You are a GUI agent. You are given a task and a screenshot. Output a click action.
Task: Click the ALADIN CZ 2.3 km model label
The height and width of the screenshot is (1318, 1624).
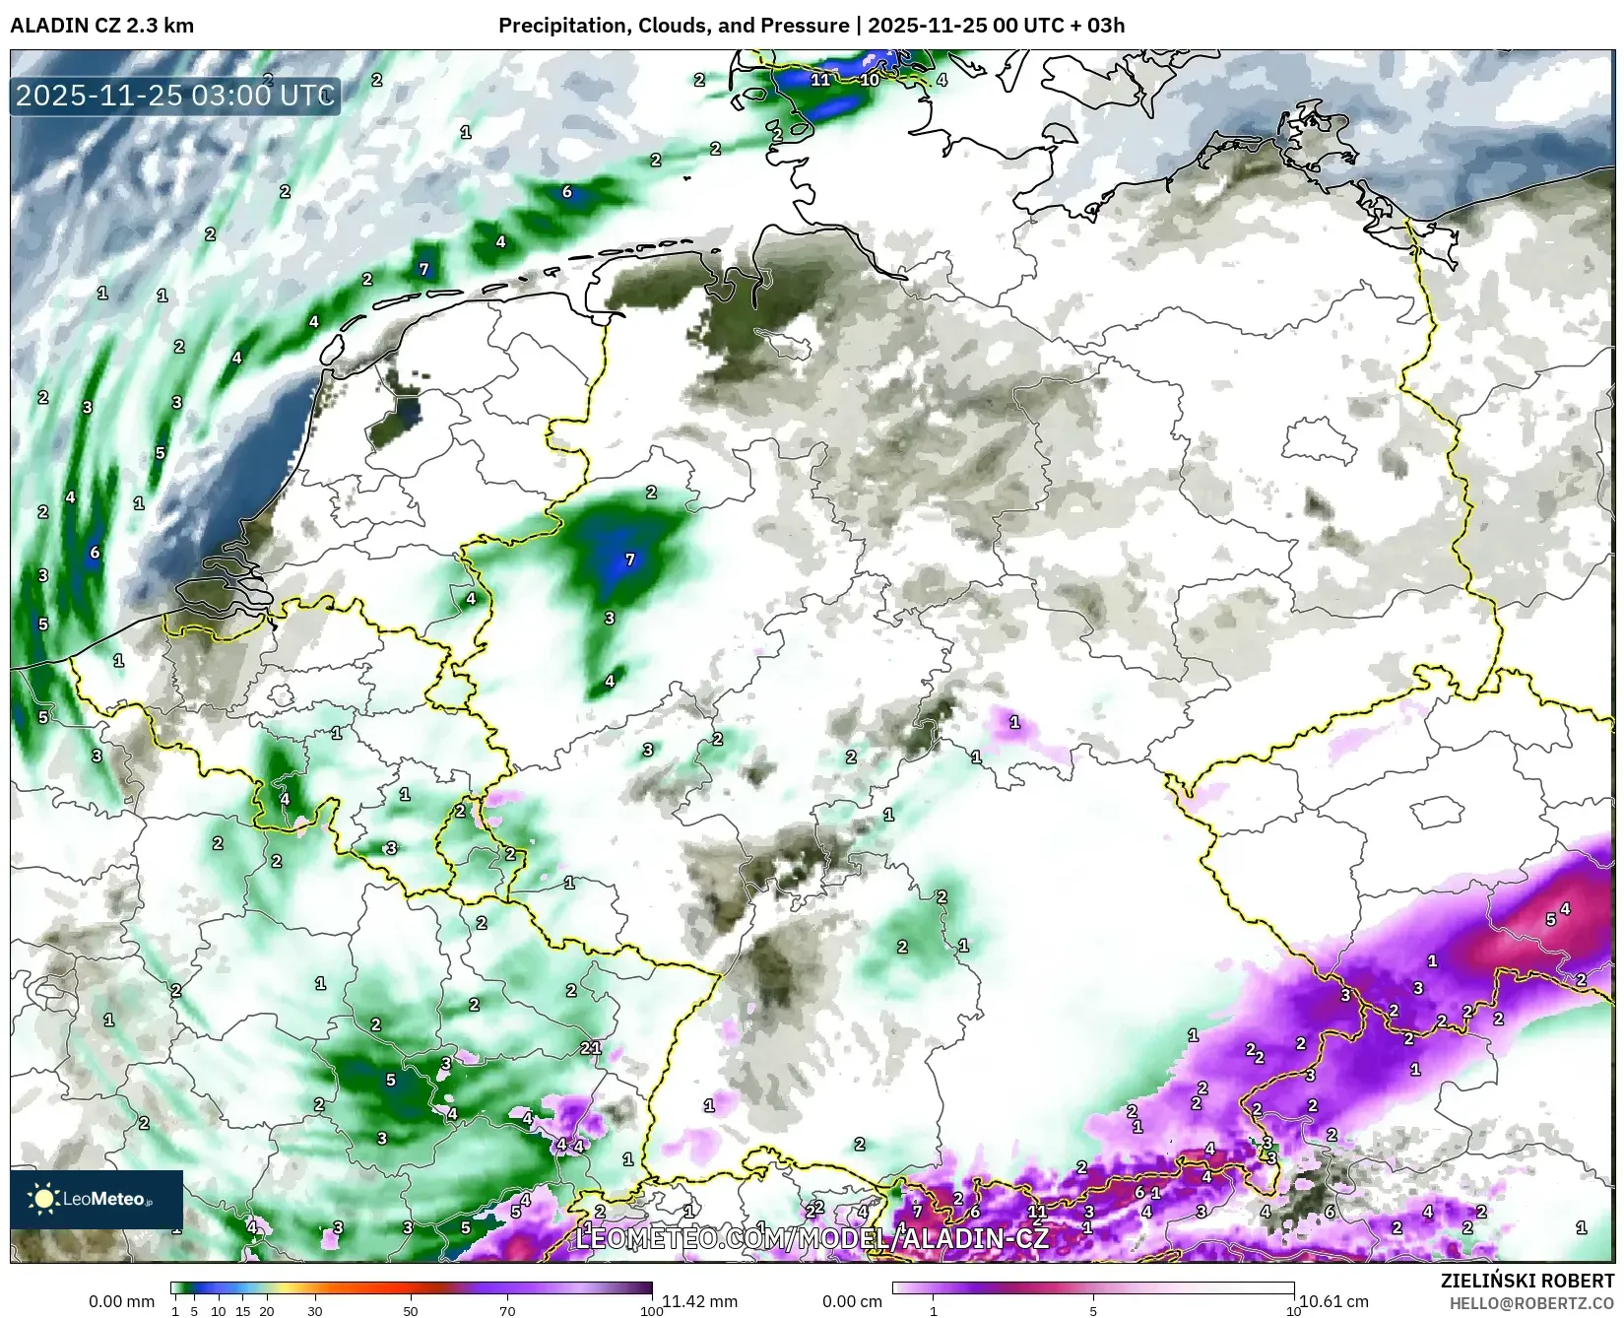(x=101, y=26)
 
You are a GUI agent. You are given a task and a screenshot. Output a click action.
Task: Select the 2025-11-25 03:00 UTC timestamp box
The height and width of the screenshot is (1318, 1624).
(x=175, y=96)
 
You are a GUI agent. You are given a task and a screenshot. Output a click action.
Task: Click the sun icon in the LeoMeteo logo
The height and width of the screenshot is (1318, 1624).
(x=43, y=1199)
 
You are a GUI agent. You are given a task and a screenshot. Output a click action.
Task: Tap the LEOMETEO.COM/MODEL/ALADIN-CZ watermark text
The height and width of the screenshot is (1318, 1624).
(x=812, y=1238)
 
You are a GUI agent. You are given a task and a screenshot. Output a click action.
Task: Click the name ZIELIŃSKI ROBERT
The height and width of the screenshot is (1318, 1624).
(x=1527, y=1282)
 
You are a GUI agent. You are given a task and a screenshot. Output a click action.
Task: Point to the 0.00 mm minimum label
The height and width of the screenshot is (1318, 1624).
(x=121, y=1301)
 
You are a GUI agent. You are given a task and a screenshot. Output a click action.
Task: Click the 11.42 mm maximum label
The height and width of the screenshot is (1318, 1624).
(x=699, y=1301)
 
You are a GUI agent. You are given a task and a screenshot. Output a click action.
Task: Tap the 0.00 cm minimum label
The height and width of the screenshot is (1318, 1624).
(x=853, y=1301)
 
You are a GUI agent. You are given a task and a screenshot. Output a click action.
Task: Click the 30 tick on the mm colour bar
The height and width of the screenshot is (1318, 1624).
(x=315, y=1311)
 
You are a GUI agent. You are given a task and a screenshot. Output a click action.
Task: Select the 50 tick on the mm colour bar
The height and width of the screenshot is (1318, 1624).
(x=411, y=1311)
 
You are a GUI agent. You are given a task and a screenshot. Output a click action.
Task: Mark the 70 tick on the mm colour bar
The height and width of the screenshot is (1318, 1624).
(x=507, y=1311)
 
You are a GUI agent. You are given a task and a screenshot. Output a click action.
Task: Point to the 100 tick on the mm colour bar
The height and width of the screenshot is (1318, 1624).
(x=651, y=1311)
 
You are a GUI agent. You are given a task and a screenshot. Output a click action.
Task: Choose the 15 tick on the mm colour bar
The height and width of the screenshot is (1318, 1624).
(x=242, y=1311)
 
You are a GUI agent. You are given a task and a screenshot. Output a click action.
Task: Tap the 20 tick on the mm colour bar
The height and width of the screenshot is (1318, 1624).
(x=266, y=1311)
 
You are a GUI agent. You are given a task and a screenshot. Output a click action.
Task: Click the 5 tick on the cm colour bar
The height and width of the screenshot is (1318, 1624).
(x=1093, y=1311)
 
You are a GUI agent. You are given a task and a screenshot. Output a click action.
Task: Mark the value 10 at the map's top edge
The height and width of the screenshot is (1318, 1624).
(x=870, y=80)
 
